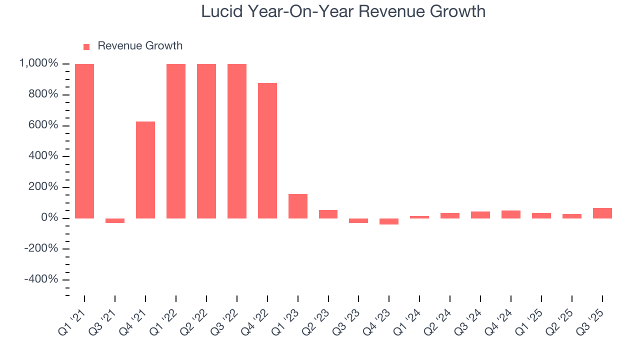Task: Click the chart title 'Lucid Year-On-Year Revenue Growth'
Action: coord(343,11)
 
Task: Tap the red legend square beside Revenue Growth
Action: coord(86,46)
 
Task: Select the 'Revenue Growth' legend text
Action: coord(140,46)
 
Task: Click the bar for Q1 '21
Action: coord(84,141)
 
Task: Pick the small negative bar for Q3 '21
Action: coord(115,220)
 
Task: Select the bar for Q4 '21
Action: coord(145,170)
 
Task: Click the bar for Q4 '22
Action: coord(267,150)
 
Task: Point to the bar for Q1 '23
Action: coord(298,206)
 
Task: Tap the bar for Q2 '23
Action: coord(328,214)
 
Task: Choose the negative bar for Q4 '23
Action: coord(389,221)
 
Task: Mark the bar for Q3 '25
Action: coord(602,213)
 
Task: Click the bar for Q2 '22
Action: coord(206,141)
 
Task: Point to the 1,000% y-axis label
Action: coord(38,64)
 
